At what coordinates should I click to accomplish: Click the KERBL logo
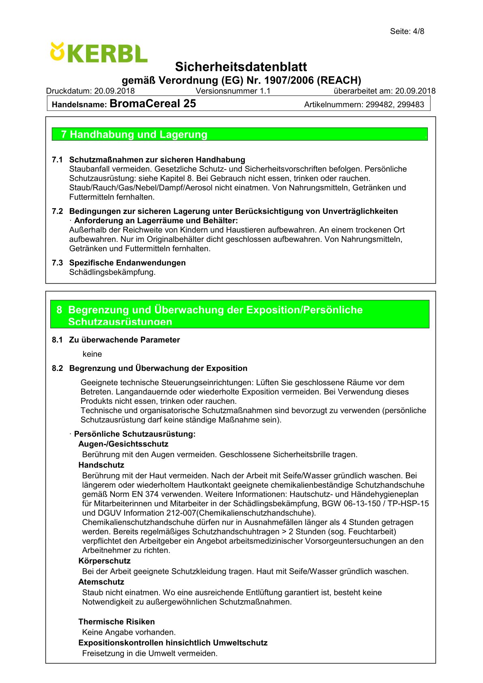(99, 53)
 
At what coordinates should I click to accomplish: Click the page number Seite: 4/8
(407, 31)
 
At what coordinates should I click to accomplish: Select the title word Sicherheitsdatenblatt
(241, 67)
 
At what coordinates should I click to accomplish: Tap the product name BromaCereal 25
(153, 103)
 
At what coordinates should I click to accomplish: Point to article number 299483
(411, 104)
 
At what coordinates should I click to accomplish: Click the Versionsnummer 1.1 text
(233, 91)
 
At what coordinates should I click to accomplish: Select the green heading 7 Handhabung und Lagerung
(134, 134)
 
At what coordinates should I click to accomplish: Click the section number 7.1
(57, 159)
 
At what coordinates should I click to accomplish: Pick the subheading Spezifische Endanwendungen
(127, 263)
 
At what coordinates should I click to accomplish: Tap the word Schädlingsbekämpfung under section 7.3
(112, 272)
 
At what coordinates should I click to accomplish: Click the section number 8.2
(57, 368)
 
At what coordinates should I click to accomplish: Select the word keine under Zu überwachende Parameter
(92, 354)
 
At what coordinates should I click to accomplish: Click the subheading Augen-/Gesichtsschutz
(123, 444)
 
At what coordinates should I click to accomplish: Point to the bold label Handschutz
(101, 465)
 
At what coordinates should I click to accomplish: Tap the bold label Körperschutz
(104, 561)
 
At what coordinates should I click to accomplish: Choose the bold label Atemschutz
(101, 582)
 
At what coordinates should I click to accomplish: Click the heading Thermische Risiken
(116, 622)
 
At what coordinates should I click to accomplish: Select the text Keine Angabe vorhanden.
(129, 632)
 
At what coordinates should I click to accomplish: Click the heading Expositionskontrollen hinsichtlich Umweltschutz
(173, 643)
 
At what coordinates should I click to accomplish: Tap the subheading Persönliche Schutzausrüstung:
(134, 434)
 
